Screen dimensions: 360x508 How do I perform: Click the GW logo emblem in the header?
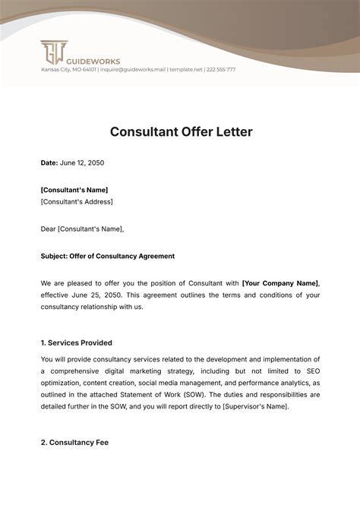pos(52,52)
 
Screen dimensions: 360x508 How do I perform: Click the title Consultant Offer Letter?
pos(181,131)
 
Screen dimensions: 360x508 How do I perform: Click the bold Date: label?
pos(49,163)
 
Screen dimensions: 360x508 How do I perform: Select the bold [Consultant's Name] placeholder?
pos(74,190)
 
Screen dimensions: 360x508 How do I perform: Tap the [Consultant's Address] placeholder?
pos(77,201)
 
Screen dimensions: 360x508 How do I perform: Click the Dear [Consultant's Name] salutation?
pos(82,229)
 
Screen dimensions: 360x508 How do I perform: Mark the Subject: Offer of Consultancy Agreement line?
pos(107,256)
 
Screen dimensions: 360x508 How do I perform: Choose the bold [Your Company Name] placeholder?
pos(280,283)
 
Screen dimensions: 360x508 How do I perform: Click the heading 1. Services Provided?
pos(77,343)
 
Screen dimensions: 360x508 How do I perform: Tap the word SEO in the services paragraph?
pos(311,371)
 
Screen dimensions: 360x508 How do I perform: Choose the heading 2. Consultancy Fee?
pos(74,442)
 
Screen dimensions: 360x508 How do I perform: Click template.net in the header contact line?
pos(186,70)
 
